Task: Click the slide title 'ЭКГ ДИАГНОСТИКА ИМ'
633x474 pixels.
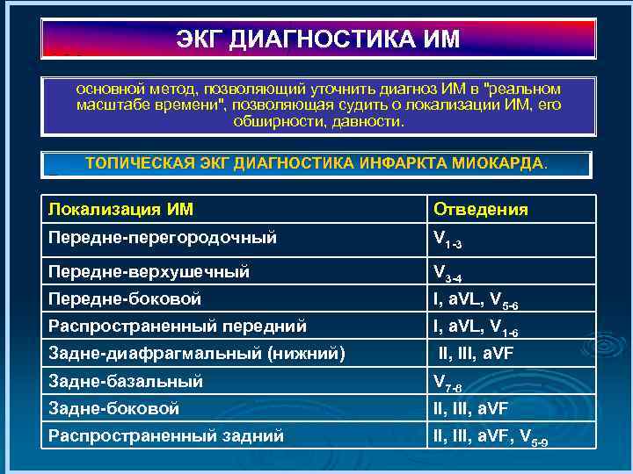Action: (317, 40)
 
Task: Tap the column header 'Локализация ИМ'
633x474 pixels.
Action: (121, 209)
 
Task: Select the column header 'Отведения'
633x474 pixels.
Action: (480, 209)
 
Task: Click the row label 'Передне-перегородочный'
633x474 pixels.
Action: (163, 237)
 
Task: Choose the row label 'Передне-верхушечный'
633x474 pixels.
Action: (149, 272)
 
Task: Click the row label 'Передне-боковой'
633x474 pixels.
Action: (125, 299)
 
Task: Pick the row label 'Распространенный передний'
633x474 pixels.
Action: (178, 327)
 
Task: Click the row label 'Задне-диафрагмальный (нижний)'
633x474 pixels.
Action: (196, 354)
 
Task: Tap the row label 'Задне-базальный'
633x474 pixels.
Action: (126, 382)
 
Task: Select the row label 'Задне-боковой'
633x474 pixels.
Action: (114, 408)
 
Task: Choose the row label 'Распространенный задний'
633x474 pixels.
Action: (166, 435)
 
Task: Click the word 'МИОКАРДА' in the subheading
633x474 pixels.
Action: (505, 163)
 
